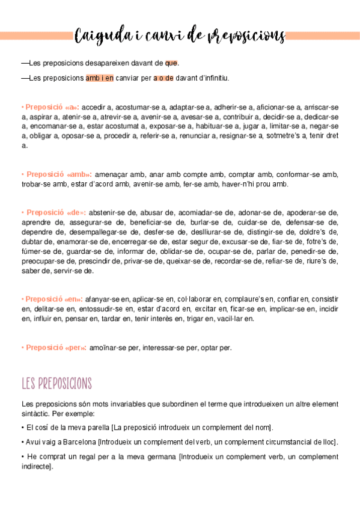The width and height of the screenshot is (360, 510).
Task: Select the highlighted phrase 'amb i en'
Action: [99, 78]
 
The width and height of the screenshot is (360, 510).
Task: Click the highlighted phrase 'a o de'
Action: [163, 78]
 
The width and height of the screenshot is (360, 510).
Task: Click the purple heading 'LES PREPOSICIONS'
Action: [56, 383]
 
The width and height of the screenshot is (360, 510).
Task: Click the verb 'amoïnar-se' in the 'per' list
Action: [105, 348]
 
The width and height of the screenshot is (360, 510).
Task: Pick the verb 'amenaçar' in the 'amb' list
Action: [111, 174]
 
